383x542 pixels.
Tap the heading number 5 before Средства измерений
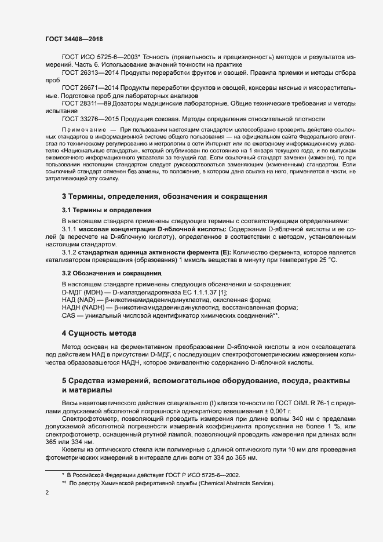coord(64,380)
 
